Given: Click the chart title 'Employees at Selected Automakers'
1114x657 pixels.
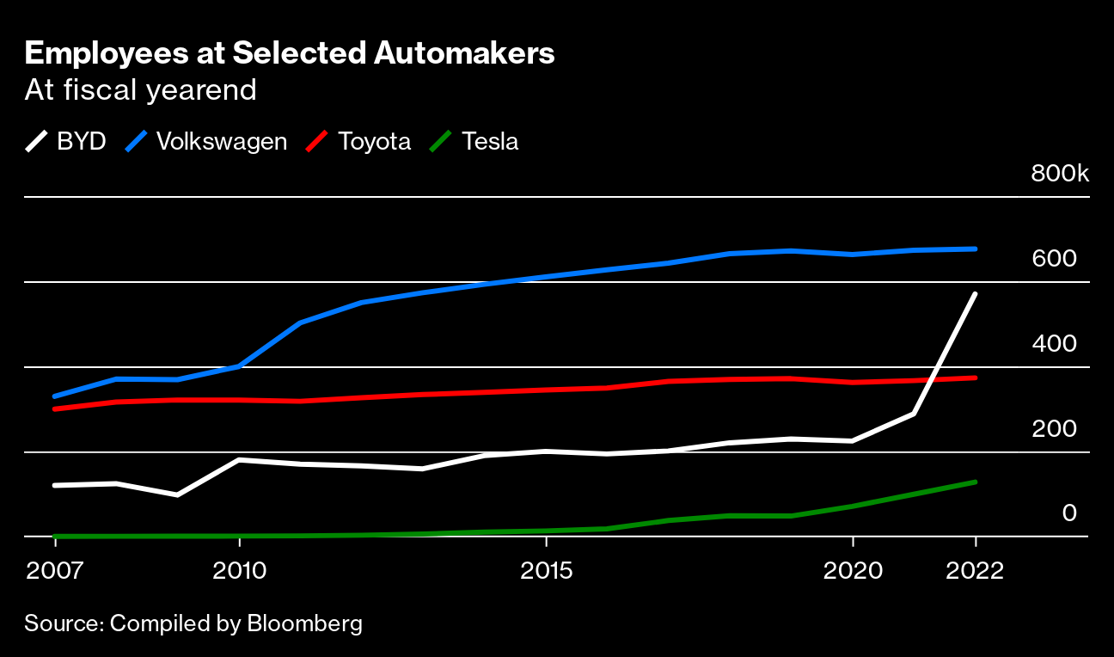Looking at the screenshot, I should [x=290, y=54].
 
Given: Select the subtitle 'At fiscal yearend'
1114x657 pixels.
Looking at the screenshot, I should [x=141, y=90].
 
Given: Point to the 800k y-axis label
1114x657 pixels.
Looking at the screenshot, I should [x=1060, y=175].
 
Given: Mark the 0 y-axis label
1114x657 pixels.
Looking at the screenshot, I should [x=1069, y=513].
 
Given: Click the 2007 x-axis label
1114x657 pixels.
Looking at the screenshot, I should [x=55, y=571].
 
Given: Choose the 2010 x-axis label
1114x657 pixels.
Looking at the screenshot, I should [x=240, y=571].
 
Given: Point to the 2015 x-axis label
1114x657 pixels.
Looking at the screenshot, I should [x=547, y=571].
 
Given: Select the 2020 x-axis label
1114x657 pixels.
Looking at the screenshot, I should [x=853, y=571].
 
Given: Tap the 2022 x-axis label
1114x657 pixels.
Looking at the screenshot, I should [x=975, y=571].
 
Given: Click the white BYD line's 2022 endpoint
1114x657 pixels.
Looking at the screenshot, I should [x=975, y=294].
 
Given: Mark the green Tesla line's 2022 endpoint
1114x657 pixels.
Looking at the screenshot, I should [x=975, y=482].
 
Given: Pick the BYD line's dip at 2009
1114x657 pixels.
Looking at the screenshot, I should [x=177, y=494].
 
